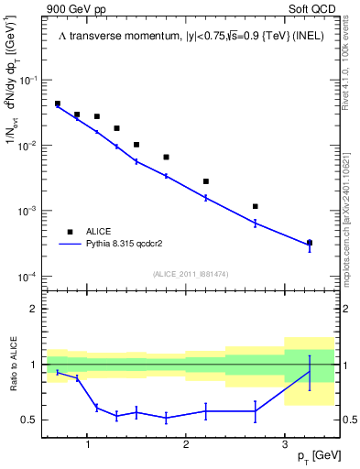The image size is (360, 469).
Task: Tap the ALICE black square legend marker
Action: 70,233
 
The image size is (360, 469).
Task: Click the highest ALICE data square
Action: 58,104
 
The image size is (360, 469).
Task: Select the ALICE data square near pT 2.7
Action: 255,206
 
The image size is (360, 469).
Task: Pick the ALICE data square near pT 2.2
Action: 206,181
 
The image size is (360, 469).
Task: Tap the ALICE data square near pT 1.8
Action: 166,157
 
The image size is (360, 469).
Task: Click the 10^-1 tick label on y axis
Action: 28,81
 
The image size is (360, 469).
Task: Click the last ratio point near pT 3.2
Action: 310,371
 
